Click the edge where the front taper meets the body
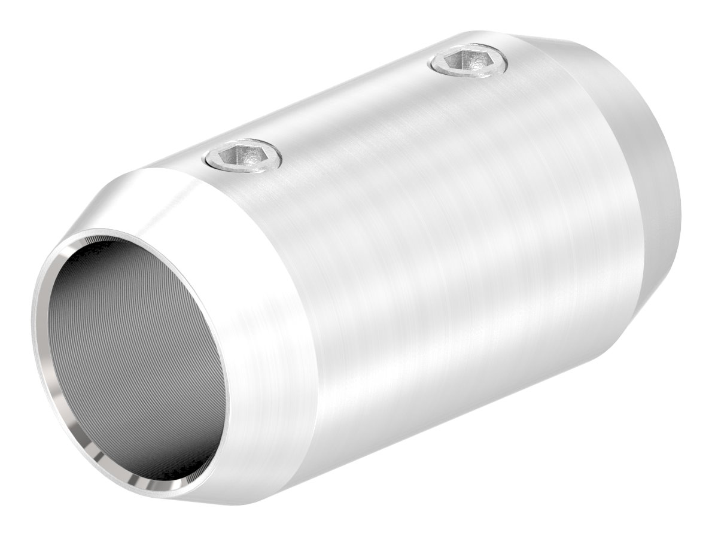point(293,299)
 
